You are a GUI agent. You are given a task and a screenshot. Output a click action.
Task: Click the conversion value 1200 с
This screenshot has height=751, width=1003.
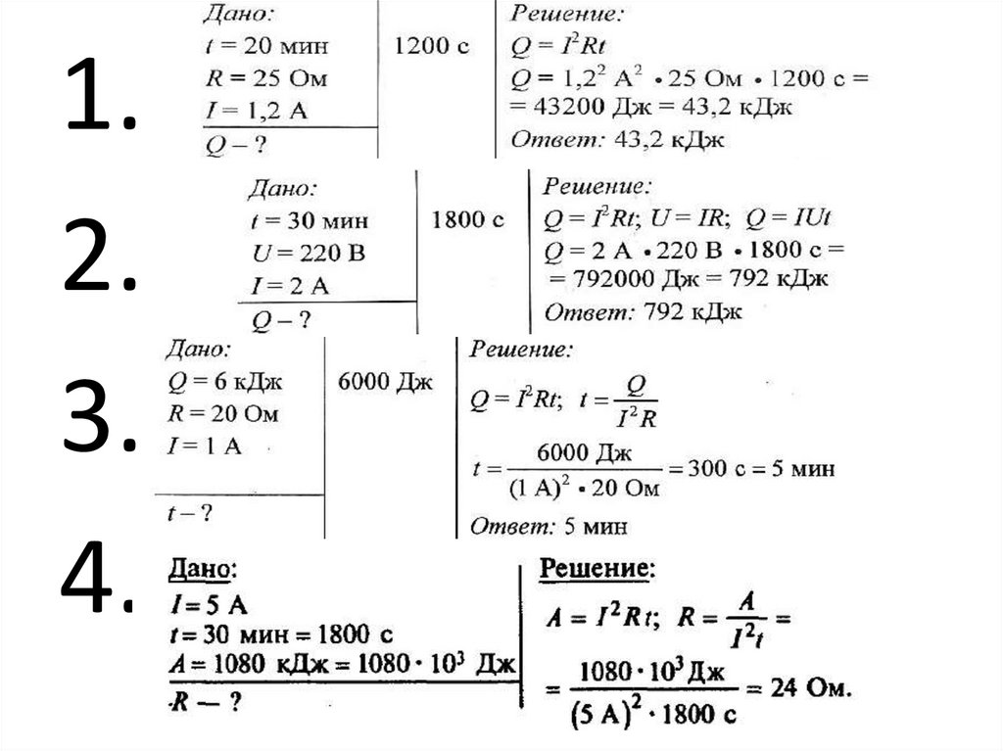pos(431,45)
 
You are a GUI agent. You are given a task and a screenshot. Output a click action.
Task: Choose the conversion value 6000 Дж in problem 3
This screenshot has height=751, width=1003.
pos(384,382)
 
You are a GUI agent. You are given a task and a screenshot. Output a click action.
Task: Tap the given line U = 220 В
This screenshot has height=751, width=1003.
pos(308,256)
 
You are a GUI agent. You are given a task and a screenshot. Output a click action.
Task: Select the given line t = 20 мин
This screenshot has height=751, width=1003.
pos(267,46)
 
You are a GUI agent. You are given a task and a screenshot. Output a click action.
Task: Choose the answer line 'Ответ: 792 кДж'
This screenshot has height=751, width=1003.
pos(643,313)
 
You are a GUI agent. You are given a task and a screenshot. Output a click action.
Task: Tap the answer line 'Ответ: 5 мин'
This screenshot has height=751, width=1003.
pos(549,526)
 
